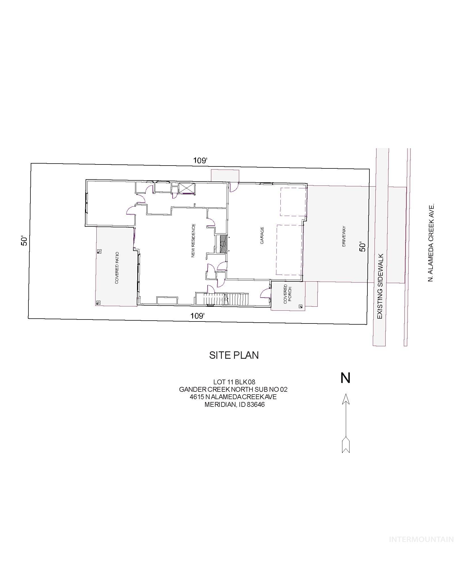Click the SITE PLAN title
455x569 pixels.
234,355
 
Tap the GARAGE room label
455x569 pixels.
262,235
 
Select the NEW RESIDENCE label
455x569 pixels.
193,241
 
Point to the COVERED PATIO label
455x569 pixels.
117,268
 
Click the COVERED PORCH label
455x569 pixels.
287,294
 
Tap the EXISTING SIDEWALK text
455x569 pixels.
381,286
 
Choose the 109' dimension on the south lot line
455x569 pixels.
198,316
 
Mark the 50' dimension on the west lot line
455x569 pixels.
24,241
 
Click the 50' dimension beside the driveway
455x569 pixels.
362,247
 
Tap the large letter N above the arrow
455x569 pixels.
345,378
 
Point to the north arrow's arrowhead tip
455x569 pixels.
346,394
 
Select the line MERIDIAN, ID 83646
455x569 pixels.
235,404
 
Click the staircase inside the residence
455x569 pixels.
223,299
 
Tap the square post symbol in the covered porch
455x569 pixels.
300,306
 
